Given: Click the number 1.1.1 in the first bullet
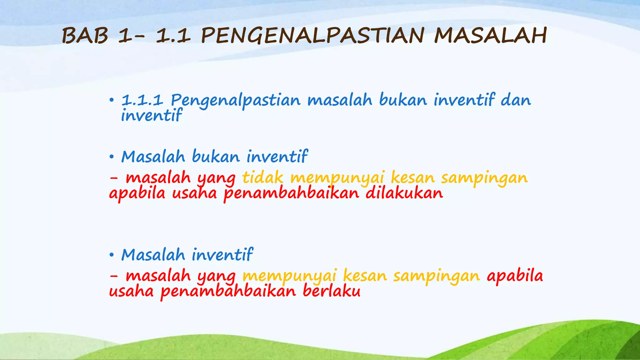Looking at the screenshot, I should coord(142,101).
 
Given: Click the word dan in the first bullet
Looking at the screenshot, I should coord(516,101).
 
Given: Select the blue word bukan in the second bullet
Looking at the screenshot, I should coord(216,157).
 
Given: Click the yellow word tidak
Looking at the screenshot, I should coord(262,178).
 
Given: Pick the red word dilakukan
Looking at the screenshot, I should coord(404,193).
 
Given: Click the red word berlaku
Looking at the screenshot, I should coord(331,291).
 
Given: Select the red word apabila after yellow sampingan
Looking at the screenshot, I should coord(515,276).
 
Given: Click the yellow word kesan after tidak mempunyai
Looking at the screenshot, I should coord(412,178).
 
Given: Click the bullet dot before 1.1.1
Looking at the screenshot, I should coord(112,101).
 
